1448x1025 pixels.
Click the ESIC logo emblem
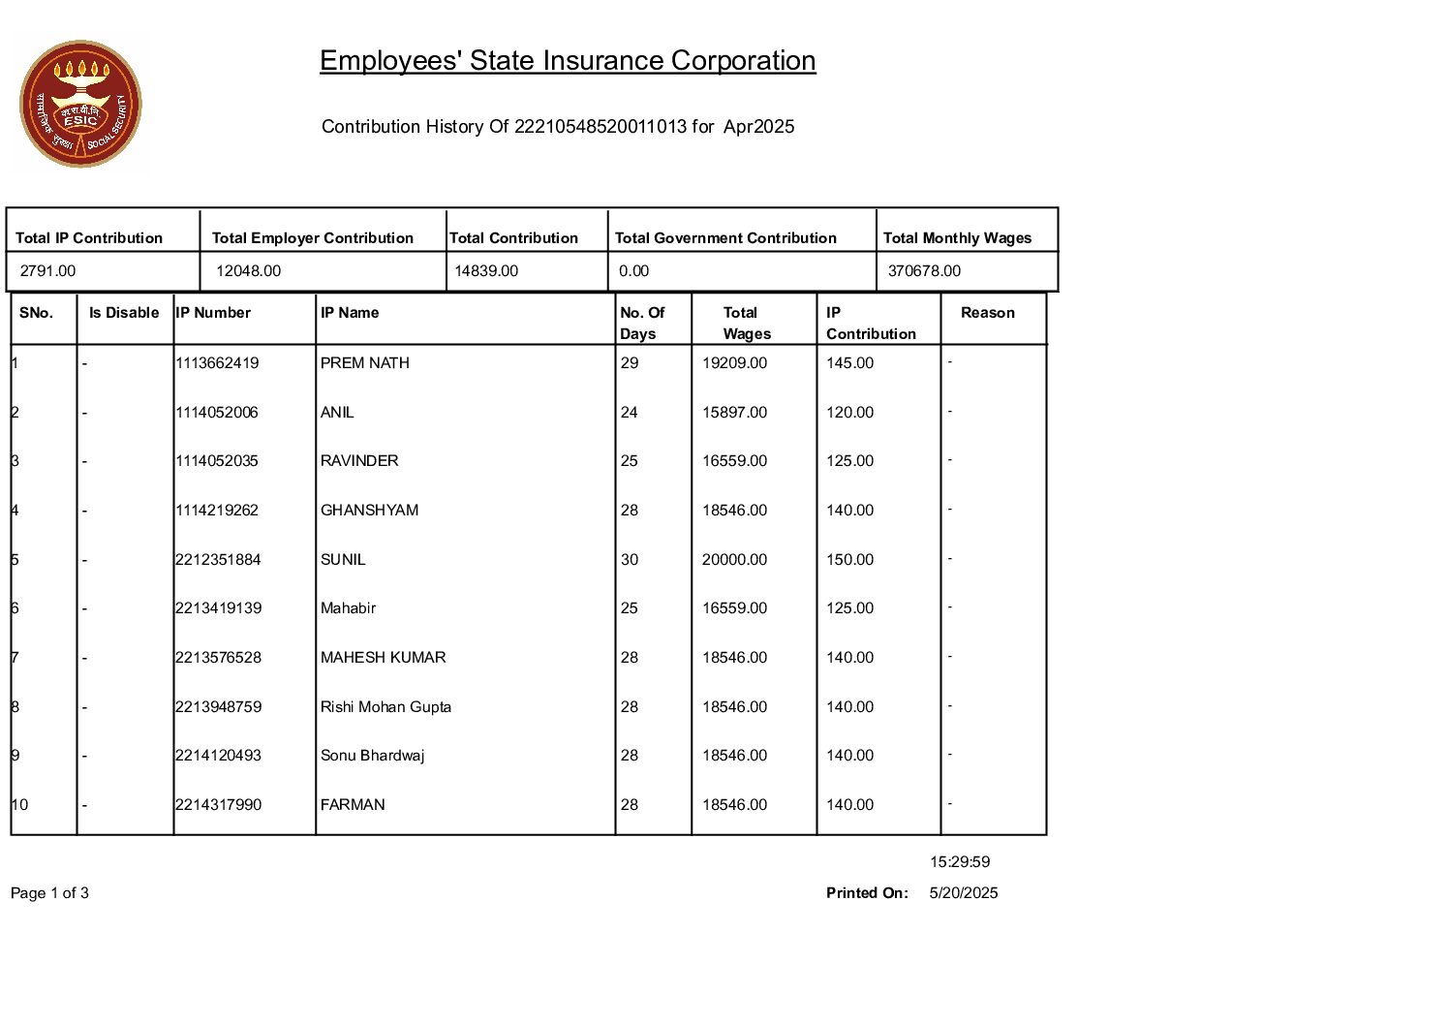pos(80,104)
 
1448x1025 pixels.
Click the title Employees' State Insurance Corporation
pos(568,61)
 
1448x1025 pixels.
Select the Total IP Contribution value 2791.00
pos(47,271)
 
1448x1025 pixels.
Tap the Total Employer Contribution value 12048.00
pos(248,271)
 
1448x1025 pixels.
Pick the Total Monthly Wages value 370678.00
pos(924,271)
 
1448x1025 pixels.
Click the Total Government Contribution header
pos(725,238)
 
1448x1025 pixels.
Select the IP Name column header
pos(350,313)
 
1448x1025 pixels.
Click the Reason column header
pos(987,313)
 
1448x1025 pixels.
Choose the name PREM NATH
pos(365,363)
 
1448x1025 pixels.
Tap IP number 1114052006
pos(217,413)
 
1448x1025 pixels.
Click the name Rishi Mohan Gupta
pos(385,707)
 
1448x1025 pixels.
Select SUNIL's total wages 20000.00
pos(734,560)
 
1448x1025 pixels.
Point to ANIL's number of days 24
pos(630,413)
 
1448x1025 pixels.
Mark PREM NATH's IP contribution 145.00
pos(849,363)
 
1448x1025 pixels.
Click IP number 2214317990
pos(218,805)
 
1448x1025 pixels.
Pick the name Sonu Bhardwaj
pos(373,756)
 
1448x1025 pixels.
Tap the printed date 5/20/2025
pos(963,893)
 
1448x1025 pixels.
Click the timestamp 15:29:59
pos(960,862)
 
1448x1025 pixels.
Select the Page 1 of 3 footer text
pos(49,893)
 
